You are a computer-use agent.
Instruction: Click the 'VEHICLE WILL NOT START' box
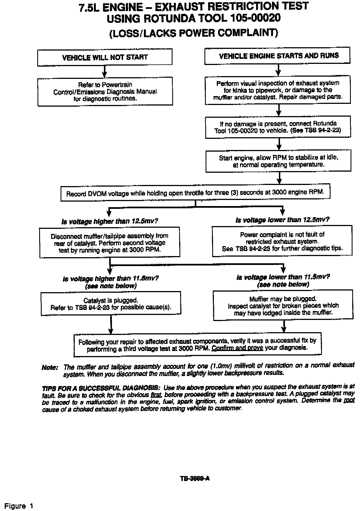(x=105, y=57)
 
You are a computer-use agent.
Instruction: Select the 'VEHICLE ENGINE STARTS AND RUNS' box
(x=277, y=56)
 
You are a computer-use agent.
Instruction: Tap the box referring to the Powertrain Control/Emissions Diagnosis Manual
(x=105, y=91)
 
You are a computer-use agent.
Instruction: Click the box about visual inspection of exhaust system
(x=278, y=90)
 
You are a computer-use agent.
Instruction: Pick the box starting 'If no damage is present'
(x=278, y=127)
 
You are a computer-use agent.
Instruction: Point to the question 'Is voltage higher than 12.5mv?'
(x=110, y=221)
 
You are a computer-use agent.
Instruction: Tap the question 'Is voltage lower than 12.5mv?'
(x=282, y=220)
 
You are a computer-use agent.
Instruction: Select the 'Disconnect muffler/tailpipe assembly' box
(x=109, y=242)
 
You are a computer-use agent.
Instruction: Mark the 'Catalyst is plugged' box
(x=111, y=304)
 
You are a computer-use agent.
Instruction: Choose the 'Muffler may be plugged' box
(x=283, y=305)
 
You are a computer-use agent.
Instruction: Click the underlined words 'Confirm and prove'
(x=237, y=348)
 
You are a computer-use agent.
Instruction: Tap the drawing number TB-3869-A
(x=195, y=478)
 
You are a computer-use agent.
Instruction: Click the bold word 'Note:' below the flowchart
(x=50, y=367)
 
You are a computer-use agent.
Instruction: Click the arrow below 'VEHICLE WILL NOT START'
(x=104, y=71)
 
